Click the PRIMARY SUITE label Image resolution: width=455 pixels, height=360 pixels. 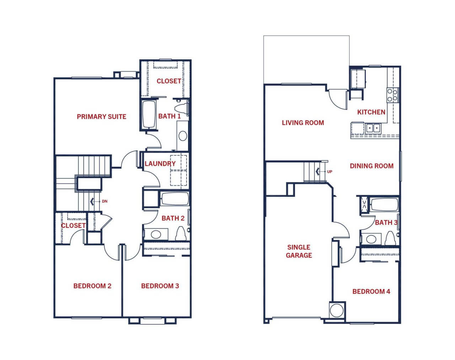(102, 117)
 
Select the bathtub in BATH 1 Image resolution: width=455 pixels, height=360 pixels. (149, 114)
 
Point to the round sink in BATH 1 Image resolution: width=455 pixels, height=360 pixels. (183, 136)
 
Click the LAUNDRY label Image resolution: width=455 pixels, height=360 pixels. (160, 163)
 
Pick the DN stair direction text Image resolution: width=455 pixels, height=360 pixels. (105, 202)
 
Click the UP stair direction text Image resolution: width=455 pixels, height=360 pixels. (330, 172)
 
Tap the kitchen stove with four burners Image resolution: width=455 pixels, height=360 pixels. (393, 95)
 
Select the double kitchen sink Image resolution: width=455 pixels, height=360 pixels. (373, 128)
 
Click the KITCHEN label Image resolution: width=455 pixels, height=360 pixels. (371, 112)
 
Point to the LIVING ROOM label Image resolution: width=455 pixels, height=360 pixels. (303, 123)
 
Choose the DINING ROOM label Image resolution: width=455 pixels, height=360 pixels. (372, 166)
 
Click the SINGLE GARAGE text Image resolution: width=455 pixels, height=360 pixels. (299, 251)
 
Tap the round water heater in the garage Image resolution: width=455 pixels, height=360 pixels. (337, 310)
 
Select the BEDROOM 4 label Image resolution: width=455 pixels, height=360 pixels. (371, 291)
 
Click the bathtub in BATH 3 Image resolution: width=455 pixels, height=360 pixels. (384, 204)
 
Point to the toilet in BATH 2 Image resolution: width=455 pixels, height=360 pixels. (181, 233)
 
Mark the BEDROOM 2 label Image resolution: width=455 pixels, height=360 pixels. (92, 286)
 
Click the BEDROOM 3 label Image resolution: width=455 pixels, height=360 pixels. (160, 286)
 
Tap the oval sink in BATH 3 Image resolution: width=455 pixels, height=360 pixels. (371, 239)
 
